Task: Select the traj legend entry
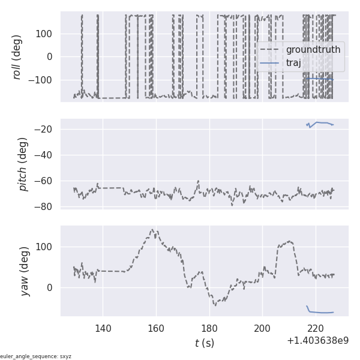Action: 293,63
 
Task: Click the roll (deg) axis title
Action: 17,56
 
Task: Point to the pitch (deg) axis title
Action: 23,164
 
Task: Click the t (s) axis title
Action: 204,343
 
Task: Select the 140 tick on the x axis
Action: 103,328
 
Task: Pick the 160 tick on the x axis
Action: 156,328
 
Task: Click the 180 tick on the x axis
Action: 209,328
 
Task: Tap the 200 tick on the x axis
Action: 262,328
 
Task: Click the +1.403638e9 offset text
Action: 317,340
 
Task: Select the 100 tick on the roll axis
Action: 45,34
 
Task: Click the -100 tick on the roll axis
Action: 42,80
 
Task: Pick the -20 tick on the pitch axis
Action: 46,130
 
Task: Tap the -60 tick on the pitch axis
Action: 46,181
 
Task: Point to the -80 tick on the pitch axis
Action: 46,206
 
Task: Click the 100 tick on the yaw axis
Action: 45,247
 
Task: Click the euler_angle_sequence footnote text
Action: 36,356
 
